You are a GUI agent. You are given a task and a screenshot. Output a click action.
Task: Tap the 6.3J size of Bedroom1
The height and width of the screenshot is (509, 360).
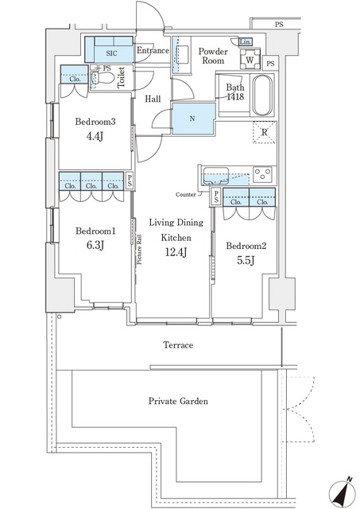tap(94, 245)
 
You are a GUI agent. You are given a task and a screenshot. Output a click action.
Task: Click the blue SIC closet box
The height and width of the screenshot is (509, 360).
tap(110, 49)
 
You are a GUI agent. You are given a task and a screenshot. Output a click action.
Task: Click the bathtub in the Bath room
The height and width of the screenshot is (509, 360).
tap(260, 96)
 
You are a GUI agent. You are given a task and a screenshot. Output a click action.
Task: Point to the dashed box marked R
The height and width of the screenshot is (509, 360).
tap(262, 134)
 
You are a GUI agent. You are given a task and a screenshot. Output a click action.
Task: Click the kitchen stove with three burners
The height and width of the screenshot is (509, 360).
tap(262, 173)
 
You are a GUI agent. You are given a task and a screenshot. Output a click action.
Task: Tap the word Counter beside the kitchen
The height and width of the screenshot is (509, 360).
tap(188, 194)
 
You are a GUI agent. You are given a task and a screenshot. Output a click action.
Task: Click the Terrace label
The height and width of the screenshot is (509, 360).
tap(179, 345)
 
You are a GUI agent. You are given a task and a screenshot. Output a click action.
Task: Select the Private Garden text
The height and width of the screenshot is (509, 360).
tap(178, 402)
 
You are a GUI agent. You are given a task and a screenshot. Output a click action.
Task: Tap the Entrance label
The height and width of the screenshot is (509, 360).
tap(153, 52)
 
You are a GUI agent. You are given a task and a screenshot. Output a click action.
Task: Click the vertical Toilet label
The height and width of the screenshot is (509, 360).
tap(122, 79)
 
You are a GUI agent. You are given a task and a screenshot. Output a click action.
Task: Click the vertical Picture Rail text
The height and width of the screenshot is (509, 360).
tap(138, 249)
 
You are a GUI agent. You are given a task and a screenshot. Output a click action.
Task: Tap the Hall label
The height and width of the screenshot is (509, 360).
tap(153, 99)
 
